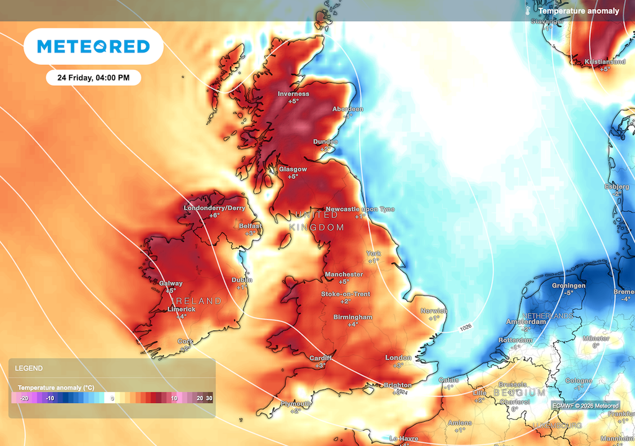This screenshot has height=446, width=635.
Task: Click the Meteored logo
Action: (94, 46)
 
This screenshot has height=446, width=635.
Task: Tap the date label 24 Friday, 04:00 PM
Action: (94, 78)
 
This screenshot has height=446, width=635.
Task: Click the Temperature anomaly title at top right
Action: (579, 11)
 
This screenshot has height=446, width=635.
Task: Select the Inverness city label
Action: (293, 94)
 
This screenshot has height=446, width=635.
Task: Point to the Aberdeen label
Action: (348, 109)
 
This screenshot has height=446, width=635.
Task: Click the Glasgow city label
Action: (293, 169)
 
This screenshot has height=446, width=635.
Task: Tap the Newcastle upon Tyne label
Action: (360, 209)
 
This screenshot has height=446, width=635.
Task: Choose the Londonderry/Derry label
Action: (215, 208)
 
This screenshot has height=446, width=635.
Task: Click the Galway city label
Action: (171, 284)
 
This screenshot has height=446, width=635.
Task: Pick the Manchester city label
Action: (344, 274)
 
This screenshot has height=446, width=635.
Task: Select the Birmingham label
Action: (353, 317)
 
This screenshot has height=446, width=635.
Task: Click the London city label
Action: (398, 358)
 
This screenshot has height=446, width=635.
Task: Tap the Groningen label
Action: (568, 286)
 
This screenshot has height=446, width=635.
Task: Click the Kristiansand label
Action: (605, 62)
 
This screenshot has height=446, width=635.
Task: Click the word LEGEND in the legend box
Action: (29, 368)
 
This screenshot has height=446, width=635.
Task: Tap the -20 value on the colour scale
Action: (24, 398)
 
